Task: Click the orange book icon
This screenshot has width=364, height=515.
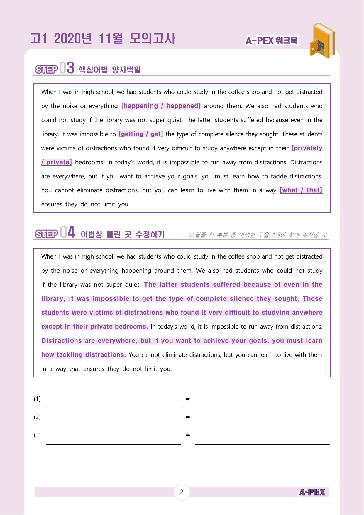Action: (x=322, y=40)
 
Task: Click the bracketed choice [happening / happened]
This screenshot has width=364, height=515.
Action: (x=161, y=106)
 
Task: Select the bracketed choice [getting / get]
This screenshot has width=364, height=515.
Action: (x=140, y=134)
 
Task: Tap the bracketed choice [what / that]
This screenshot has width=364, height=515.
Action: (x=301, y=190)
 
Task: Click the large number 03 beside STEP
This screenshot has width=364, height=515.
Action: (x=67, y=68)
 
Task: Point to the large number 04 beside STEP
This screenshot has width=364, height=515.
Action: (x=67, y=232)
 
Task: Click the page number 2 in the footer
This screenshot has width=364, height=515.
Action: (x=182, y=492)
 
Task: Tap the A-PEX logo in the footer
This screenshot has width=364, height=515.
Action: (x=312, y=492)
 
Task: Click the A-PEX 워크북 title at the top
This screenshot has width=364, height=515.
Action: (x=271, y=40)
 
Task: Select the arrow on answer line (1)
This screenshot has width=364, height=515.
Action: (x=188, y=399)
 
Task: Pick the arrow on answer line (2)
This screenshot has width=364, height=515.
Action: (x=188, y=417)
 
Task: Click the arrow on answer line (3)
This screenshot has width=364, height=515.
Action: (x=188, y=435)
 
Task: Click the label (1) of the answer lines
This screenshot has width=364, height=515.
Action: (x=37, y=399)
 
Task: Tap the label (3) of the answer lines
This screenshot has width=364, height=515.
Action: (x=37, y=435)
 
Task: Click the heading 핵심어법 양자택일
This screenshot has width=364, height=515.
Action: (x=110, y=70)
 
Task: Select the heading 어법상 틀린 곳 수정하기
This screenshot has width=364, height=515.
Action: (x=123, y=234)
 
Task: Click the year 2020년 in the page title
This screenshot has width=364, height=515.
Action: (x=73, y=38)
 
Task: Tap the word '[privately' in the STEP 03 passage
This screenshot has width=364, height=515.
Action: (x=307, y=148)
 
